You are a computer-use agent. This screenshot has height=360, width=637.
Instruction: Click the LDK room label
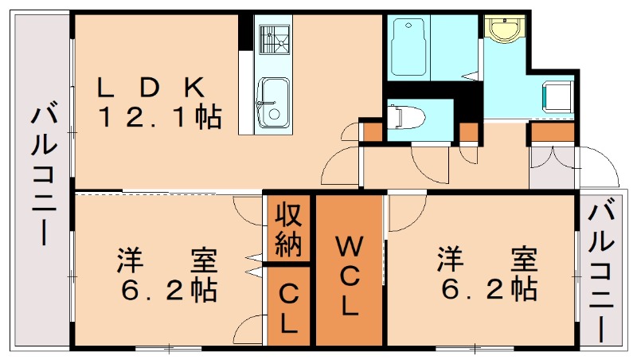[152, 85]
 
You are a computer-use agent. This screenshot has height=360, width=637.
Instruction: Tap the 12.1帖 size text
[159, 118]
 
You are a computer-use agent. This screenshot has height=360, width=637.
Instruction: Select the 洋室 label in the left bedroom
[167, 260]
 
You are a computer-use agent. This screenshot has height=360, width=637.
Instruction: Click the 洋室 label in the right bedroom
[486, 260]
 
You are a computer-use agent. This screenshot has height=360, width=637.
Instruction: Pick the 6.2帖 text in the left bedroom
[169, 290]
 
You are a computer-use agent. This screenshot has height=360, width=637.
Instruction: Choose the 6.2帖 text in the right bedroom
[487, 290]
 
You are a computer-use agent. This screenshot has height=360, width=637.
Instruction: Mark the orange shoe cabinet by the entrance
[551, 131]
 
